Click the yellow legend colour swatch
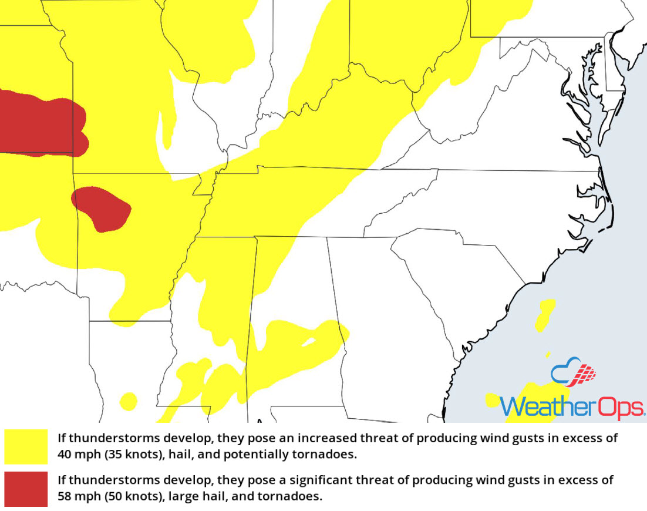click(x=26, y=446)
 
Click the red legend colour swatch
click(x=26, y=488)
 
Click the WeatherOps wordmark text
click(x=572, y=406)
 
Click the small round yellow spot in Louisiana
click(x=128, y=401)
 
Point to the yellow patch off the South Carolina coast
click(x=545, y=314)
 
